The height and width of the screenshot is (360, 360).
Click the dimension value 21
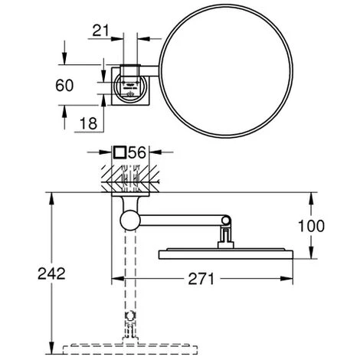coord(100,31)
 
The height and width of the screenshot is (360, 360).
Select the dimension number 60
coord(64,85)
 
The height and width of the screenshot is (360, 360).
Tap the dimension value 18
coord(89,123)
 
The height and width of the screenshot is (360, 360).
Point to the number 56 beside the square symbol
coord(136,152)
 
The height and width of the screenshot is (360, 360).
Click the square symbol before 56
coord(119,152)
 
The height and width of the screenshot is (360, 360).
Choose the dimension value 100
coord(311,226)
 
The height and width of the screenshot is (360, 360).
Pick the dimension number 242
coord(51,273)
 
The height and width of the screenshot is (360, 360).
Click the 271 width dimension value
coord(201,279)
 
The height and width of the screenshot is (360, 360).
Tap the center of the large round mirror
coord(226,71)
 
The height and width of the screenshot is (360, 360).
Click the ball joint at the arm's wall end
coord(130,220)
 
